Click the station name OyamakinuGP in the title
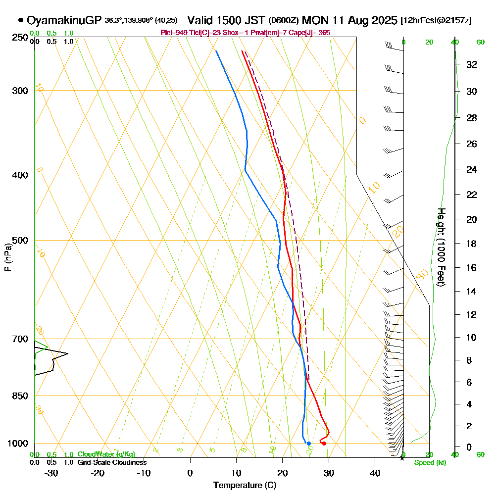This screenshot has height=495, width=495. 64,20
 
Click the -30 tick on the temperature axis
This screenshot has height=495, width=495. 51,473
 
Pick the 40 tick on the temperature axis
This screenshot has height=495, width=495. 375,473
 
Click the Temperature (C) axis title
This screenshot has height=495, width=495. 245,485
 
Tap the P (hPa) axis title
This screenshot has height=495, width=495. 7,257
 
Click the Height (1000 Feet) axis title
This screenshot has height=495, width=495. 441,247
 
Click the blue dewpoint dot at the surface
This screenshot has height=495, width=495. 308,444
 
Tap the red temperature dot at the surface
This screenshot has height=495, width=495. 324,444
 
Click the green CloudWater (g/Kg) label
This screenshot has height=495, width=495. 106,454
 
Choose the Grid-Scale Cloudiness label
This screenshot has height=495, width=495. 112,462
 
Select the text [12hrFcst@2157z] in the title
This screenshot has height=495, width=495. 437,21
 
